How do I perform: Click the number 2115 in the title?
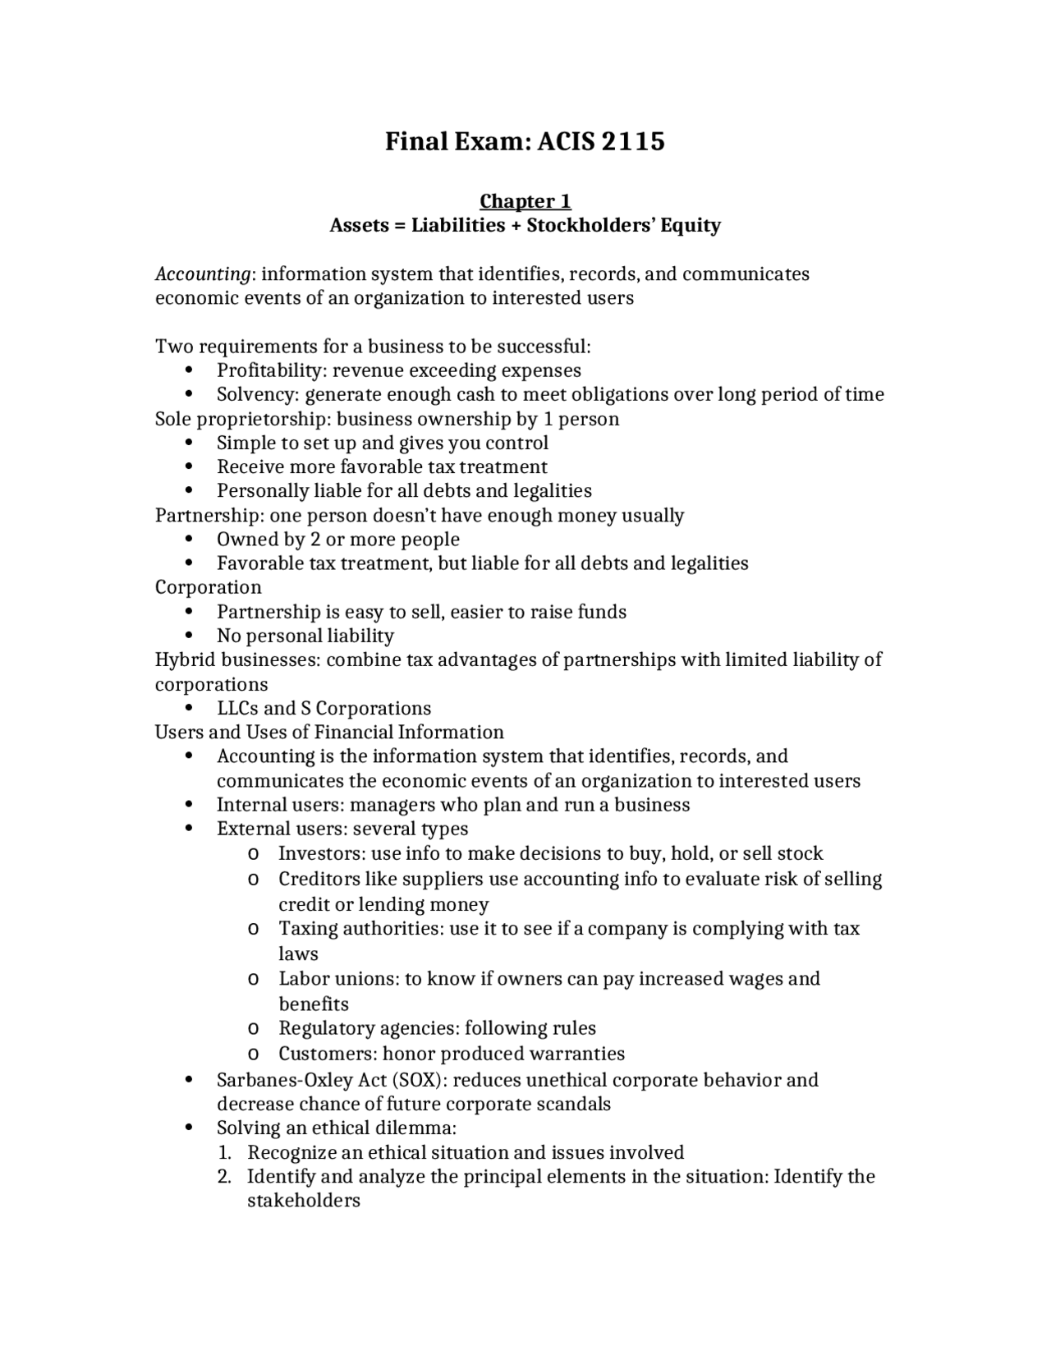click(x=633, y=141)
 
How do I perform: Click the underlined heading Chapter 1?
click(x=525, y=201)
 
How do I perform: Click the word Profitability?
click(x=271, y=370)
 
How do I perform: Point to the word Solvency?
click(x=255, y=394)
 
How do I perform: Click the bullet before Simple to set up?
click(x=190, y=443)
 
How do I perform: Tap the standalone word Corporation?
click(x=209, y=587)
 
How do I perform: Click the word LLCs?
click(x=236, y=708)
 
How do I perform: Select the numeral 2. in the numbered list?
click(x=225, y=1176)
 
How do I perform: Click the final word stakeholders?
click(x=304, y=1201)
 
